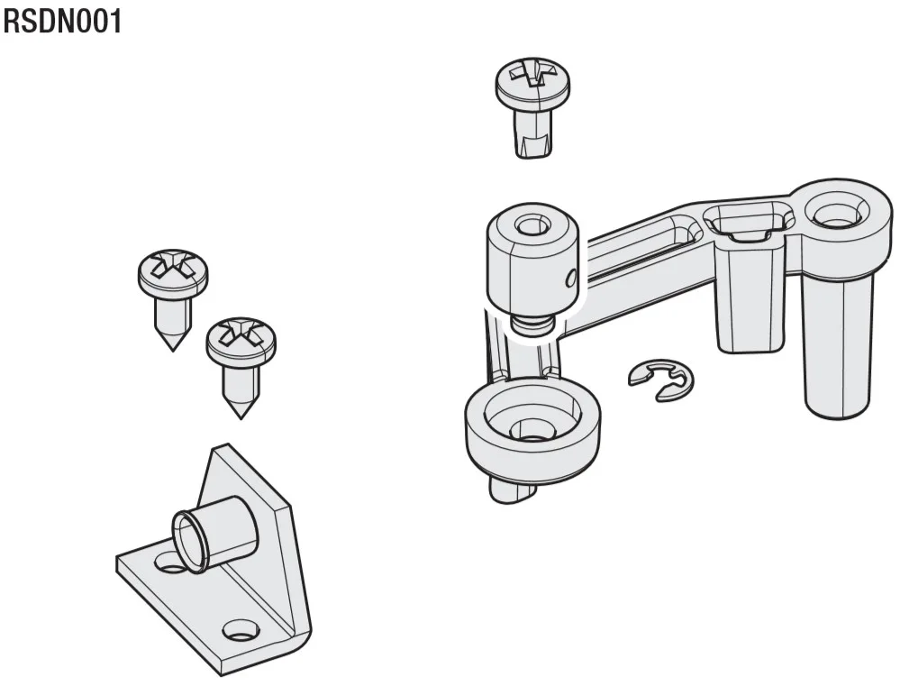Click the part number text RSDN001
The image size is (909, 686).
pyautogui.click(x=62, y=22)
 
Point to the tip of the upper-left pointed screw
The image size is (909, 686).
pyautogui.click(x=173, y=350)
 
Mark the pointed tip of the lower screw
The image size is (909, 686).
pyautogui.click(x=241, y=417)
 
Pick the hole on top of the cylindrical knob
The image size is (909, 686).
pyautogui.click(x=528, y=225)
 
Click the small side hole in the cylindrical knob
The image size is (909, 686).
pyautogui.click(x=570, y=278)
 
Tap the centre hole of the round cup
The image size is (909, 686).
pyautogui.click(x=528, y=430)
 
